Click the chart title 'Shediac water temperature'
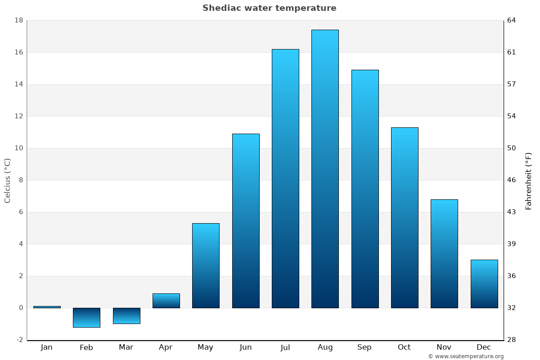tap(269, 8)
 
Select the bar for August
tap(325, 169)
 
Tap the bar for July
tap(285, 178)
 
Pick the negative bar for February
tap(86, 318)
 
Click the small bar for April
tap(166, 301)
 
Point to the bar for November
tap(444, 254)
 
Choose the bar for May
tap(206, 265)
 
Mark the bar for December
tap(484, 284)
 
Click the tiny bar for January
tap(47, 307)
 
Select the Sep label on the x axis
tap(364, 347)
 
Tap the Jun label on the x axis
tap(246, 347)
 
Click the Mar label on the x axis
tap(126, 347)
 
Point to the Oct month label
tap(404, 347)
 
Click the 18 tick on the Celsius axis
tap(19, 20)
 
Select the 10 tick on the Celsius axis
tap(19, 148)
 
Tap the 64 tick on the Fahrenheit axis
tap(512, 20)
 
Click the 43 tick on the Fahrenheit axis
tap(512, 212)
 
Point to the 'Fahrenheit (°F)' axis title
tap(529, 181)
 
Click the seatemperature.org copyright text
tap(466, 356)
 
